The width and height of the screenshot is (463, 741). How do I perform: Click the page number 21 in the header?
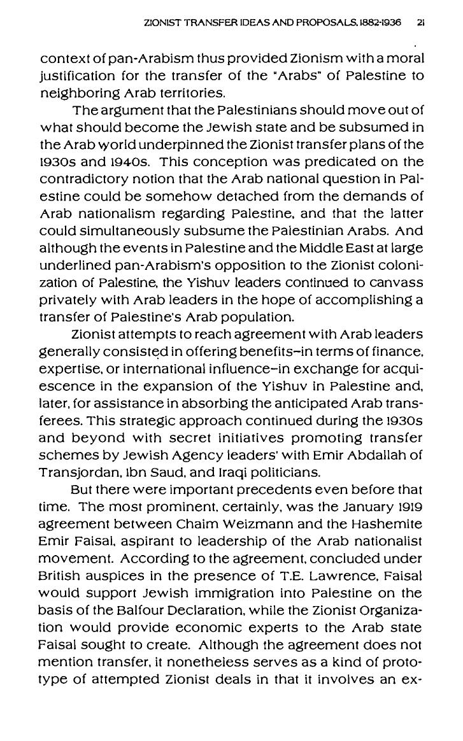(421, 20)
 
